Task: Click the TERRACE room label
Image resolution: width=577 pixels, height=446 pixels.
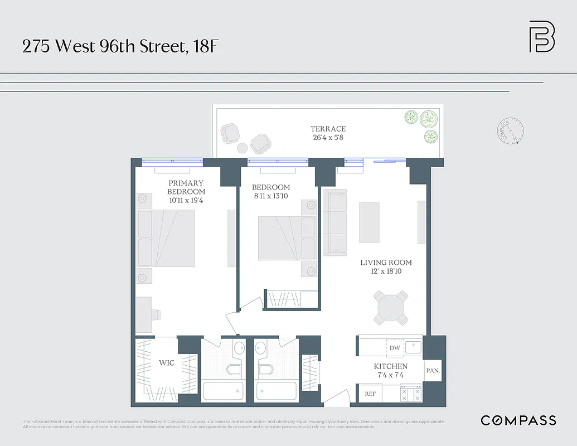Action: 328,129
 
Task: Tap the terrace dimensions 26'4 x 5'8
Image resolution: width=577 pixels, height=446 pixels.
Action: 328,137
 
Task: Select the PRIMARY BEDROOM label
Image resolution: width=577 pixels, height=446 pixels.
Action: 186,187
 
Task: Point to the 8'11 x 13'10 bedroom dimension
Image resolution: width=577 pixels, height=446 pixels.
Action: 271,196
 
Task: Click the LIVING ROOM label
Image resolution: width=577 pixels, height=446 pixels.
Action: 386,263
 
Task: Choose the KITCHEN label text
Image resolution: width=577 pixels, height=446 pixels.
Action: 390,366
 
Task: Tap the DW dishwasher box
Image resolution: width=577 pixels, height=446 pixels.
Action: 395,348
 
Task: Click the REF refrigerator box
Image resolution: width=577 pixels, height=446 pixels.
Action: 370,394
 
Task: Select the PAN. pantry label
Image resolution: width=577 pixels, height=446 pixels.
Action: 433,370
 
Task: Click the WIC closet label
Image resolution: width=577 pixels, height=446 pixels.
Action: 167,363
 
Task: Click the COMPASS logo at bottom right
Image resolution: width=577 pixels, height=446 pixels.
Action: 518,420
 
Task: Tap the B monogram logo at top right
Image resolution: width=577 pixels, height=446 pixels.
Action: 541,37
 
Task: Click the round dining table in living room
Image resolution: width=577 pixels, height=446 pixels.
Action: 390,307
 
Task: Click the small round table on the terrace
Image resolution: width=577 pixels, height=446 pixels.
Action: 242,148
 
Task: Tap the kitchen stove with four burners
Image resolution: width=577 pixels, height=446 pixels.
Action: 411,394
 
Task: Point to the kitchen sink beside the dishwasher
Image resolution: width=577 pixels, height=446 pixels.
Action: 413,347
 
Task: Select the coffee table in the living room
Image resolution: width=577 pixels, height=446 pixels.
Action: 369,221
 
